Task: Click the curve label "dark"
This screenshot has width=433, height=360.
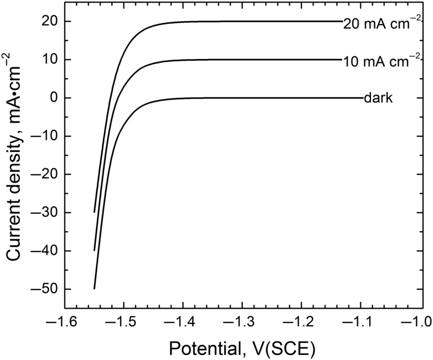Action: (x=378, y=98)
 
